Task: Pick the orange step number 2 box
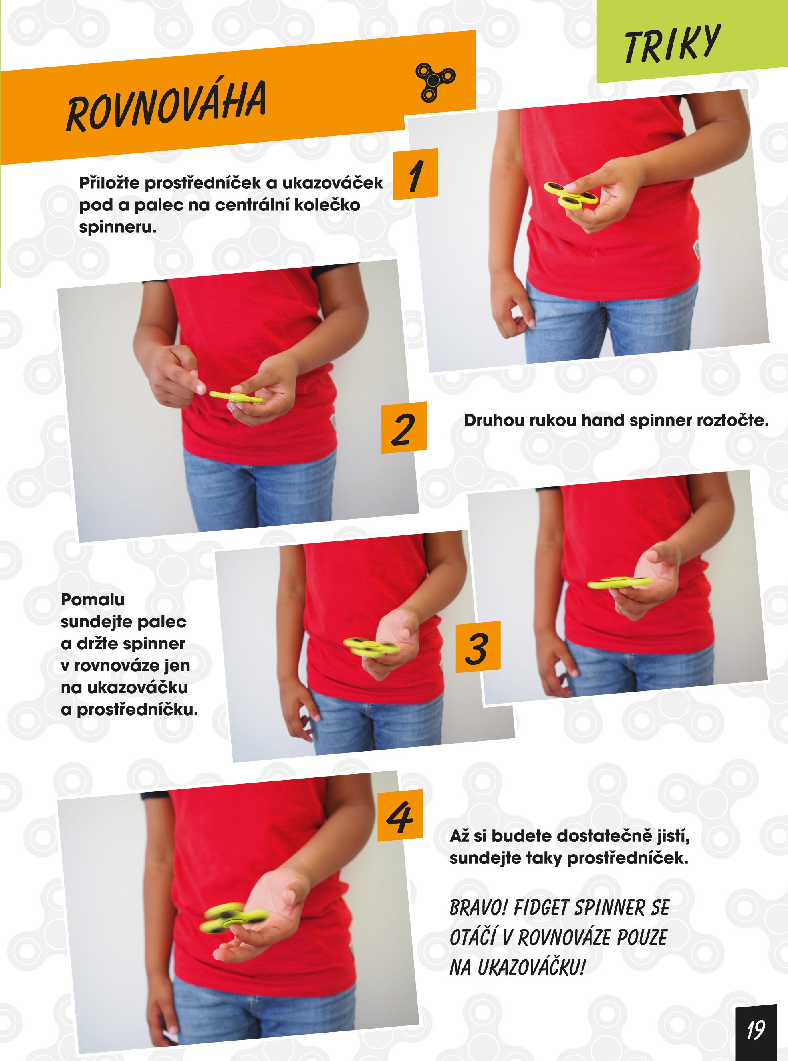[x=403, y=428]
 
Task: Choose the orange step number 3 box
[x=478, y=647]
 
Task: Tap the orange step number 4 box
[x=400, y=815]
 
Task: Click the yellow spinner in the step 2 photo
[x=236, y=397]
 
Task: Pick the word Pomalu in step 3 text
[x=93, y=600]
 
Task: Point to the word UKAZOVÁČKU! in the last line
[x=531, y=968]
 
